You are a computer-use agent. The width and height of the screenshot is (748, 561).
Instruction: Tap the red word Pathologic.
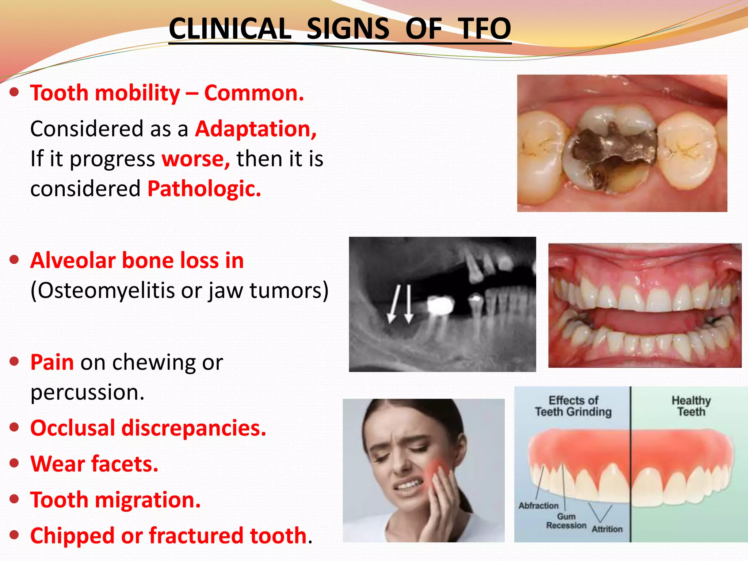pyautogui.click(x=204, y=188)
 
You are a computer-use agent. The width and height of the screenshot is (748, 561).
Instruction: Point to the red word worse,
pyautogui.click(x=196, y=159)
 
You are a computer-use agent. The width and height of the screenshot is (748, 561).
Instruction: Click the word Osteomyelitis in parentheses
pyautogui.click(x=106, y=291)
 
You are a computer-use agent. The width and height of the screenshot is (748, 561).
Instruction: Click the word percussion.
pyautogui.click(x=87, y=392)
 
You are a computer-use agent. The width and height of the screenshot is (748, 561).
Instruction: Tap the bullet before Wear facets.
pyautogui.click(x=14, y=463)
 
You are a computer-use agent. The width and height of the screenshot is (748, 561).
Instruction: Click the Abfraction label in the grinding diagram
pyautogui.click(x=538, y=506)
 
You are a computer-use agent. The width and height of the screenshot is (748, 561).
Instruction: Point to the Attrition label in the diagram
pyautogui.click(x=607, y=529)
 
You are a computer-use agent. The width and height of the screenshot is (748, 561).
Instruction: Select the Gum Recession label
pyautogui.click(x=566, y=521)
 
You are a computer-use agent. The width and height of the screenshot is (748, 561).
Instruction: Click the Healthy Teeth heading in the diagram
pyautogui.click(x=691, y=406)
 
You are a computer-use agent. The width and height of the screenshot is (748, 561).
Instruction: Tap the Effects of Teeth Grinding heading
pyautogui.click(x=573, y=406)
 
